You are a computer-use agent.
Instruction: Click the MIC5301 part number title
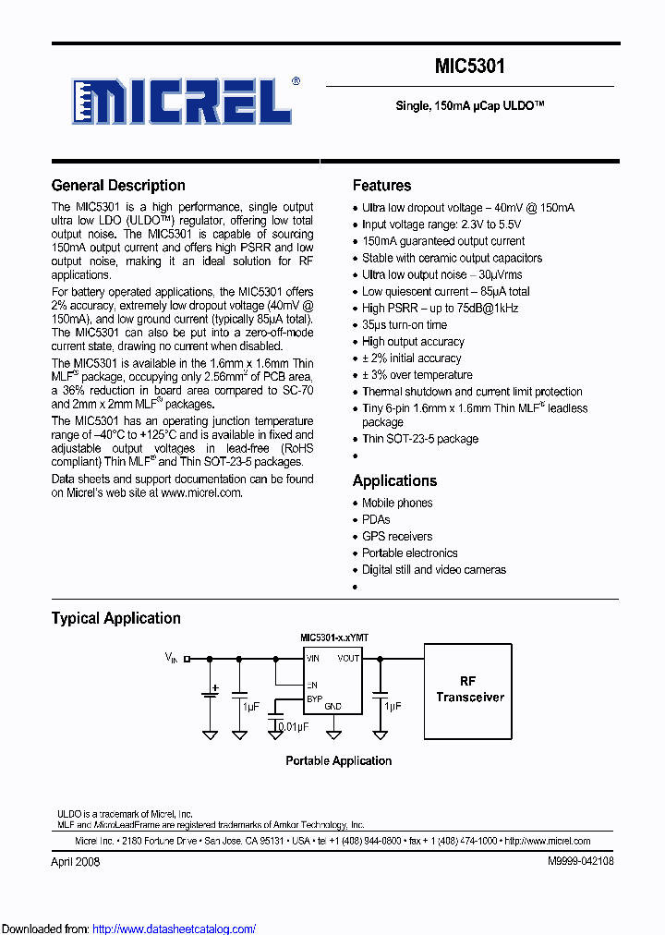coord(469,67)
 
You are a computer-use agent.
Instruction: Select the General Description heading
coord(118,186)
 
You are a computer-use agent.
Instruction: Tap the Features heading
coord(381,186)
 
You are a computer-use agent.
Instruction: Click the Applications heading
coord(394,480)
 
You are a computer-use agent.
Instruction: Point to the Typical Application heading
coord(115,618)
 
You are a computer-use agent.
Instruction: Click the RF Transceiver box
coord(469,689)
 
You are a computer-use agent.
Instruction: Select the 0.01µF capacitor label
coord(295,727)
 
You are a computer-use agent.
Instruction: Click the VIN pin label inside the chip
coord(313,659)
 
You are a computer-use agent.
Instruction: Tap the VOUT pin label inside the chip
coord(348,659)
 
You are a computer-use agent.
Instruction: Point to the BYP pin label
coord(314,699)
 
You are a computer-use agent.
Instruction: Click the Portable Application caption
coord(338,760)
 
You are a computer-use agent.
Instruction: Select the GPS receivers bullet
coord(396,536)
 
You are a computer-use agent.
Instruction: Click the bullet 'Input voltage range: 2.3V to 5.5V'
coord(441,225)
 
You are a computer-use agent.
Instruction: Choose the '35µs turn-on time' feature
coord(404,324)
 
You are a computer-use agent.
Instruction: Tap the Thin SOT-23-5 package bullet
coord(419,439)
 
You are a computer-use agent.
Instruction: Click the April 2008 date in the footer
coord(75,861)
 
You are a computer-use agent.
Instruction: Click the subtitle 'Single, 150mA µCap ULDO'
coord(469,106)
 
